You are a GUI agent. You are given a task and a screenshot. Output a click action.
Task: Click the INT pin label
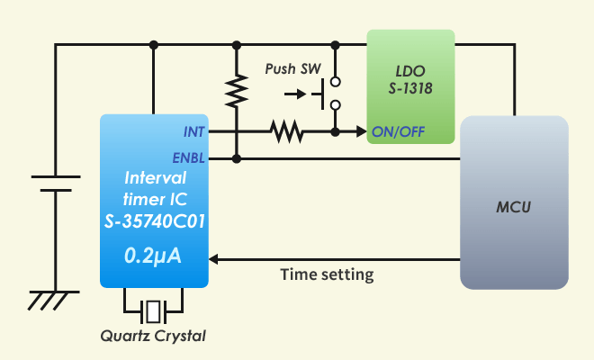(x=193, y=132)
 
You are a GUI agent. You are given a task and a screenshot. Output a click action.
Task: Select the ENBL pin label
(x=190, y=158)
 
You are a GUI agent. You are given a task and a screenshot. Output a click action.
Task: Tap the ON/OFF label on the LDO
(x=398, y=132)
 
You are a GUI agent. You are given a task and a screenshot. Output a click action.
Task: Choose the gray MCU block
(x=514, y=202)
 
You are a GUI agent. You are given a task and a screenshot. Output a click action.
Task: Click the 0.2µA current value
(x=153, y=256)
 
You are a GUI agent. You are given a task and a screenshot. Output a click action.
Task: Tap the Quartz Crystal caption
(x=153, y=337)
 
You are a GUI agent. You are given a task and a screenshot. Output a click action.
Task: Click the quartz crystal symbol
(x=154, y=311)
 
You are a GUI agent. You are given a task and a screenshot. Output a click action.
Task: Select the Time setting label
(x=326, y=274)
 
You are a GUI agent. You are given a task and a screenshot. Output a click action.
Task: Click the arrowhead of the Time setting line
(x=217, y=258)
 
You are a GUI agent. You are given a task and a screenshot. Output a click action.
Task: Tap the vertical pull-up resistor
(x=237, y=91)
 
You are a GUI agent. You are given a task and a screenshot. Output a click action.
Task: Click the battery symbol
(x=56, y=184)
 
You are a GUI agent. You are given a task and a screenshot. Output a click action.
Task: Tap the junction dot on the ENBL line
(x=237, y=158)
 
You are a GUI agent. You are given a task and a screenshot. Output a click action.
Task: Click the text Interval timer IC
(x=154, y=186)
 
